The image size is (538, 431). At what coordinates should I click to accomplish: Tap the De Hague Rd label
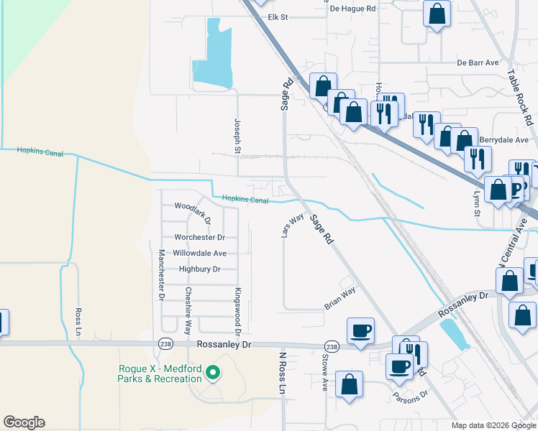pyautogui.click(x=352, y=9)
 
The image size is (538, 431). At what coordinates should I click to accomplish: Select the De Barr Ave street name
pyautogui.click(x=478, y=63)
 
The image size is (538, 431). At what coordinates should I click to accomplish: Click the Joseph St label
pyautogui.click(x=237, y=136)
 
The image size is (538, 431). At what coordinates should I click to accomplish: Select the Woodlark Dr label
pyautogui.click(x=192, y=205)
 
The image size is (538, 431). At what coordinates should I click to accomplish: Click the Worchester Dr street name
pyautogui.click(x=199, y=237)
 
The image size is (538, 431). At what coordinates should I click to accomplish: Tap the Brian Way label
pyautogui.click(x=339, y=298)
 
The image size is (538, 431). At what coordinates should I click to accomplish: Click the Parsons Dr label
pyautogui.click(x=410, y=394)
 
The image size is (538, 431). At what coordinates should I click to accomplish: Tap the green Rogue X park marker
pyautogui.click(x=212, y=373)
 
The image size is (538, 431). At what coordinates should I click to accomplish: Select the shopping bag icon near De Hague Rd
pyautogui.click(x=437, y=14)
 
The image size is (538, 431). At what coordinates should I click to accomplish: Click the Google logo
pyautogui.click(x=24, y=422)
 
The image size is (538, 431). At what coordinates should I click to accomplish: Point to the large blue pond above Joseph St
pyautogui.click(x=214, y=57)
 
